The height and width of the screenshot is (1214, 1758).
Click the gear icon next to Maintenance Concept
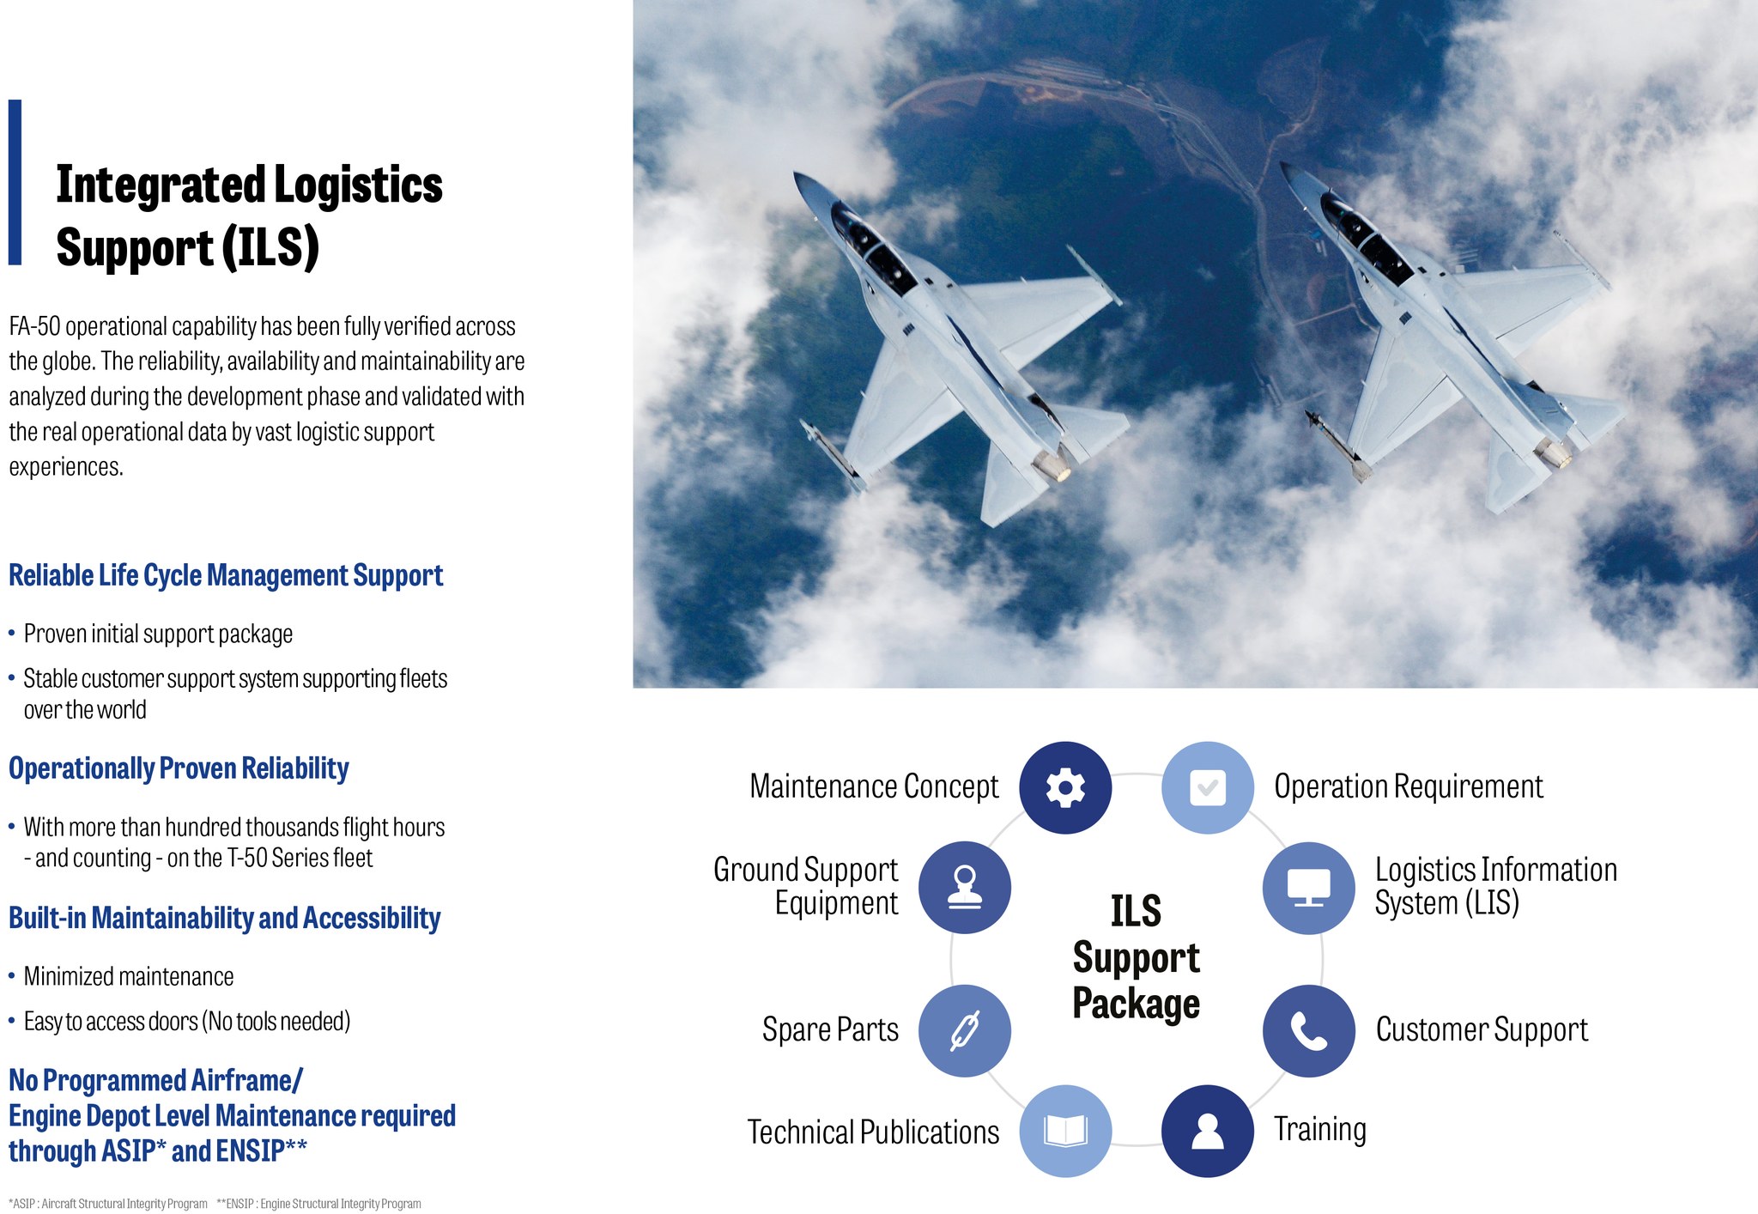pyautogui.click(x=1065, y=787)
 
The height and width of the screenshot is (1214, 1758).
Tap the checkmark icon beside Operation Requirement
pyautogui.click(x=1208, y=787)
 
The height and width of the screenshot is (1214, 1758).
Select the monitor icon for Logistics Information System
pyautogui.click(x=1309, y=888)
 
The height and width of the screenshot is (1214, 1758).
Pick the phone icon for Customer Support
pyautogui.click(x=1309, y=1030)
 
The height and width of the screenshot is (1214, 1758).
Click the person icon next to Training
pyautogui.click(x=1208, y=1131)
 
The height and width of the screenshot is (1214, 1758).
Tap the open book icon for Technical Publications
pyautogui.click(x=1065, y=1131)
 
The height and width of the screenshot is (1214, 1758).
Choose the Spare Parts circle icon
pyautogui.click(x=965, y=1030)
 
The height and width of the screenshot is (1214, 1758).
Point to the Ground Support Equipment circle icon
pyautogui.click(x=965, y=888)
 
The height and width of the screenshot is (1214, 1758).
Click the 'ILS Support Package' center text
pyautogui.click(x=1137, y=957)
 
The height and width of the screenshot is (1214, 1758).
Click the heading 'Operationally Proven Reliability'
pyautogui.click(x=179, y=768)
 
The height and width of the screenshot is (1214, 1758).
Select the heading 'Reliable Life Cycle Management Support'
pyautogui.click(x=226, y=575)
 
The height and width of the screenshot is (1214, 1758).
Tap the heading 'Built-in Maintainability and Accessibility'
pyautogui.click(x=224, y=918)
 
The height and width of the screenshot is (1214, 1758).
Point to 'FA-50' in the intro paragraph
pyautogui.click(x=34, y=326)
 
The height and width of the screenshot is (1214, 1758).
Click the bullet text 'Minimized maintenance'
pyautogui.click(x=129, y=976)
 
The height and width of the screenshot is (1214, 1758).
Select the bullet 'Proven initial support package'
pyautogui.click(x=158, y=634)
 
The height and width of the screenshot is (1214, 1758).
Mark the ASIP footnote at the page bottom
pyautogui.click(x=108, y=1204)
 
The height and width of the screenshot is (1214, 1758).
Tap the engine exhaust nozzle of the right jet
pyautogui.click(x=1554, y=453)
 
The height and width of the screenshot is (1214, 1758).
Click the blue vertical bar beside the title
pyautogui.click(x=15, y=182)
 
